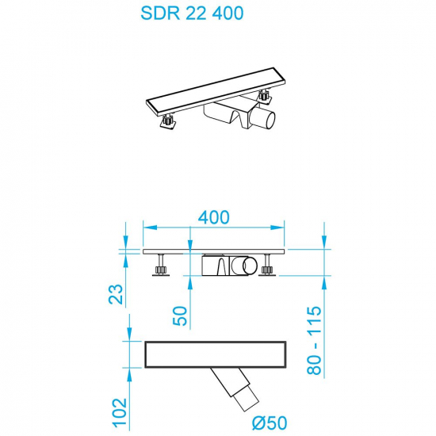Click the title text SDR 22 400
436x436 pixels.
(192, 13)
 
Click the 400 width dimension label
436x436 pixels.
(213, 217)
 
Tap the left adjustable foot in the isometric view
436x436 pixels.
(170, 122)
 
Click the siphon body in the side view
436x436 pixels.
(230, 265)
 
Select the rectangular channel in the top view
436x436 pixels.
(214, 355)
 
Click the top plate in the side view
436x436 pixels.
(213, 252)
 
